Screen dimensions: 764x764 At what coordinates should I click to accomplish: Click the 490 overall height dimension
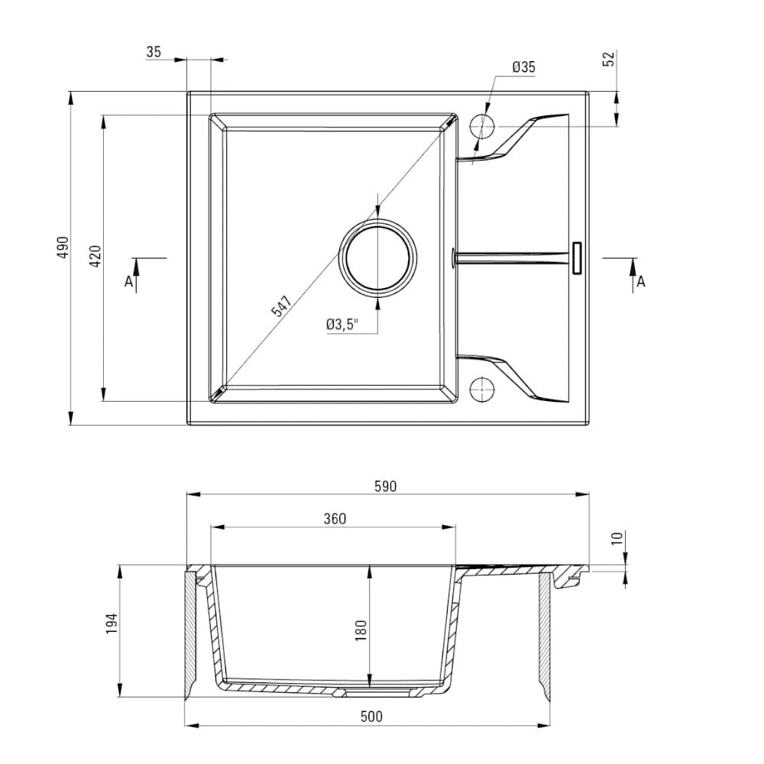pos(64,248)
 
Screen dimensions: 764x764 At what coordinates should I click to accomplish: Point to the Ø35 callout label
pos(523,67)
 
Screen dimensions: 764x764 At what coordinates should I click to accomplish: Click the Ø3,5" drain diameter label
pos(342,325)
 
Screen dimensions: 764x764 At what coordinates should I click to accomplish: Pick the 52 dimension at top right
pos(609,59)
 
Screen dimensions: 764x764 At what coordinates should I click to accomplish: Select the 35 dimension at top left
pos(154,52)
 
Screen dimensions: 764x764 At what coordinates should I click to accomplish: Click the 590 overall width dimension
pos(387,487)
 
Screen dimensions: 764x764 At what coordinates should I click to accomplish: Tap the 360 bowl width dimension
pos(335,520)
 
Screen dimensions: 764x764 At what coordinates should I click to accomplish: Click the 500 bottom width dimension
pos(371,717)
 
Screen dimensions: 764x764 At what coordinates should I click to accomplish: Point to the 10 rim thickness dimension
pos(618,539)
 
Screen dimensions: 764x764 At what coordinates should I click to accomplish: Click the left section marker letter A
pos(128,282)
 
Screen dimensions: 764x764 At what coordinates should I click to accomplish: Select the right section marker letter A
pos(641,281)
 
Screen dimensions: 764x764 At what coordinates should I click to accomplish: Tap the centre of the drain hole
pos(378,257)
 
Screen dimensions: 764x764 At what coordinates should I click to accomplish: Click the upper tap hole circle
pos(482,125)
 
